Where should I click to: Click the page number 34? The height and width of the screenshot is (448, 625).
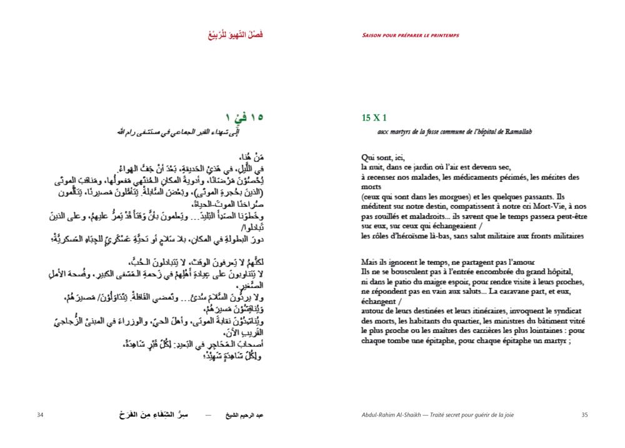point(40,415)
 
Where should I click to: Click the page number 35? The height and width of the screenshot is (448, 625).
point(585,415)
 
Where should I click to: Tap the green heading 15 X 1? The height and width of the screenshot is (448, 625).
point(374,117)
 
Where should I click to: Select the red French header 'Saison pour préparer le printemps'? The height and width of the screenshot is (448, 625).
point(410,35)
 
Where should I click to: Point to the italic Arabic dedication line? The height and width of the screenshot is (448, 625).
point(187,132)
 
